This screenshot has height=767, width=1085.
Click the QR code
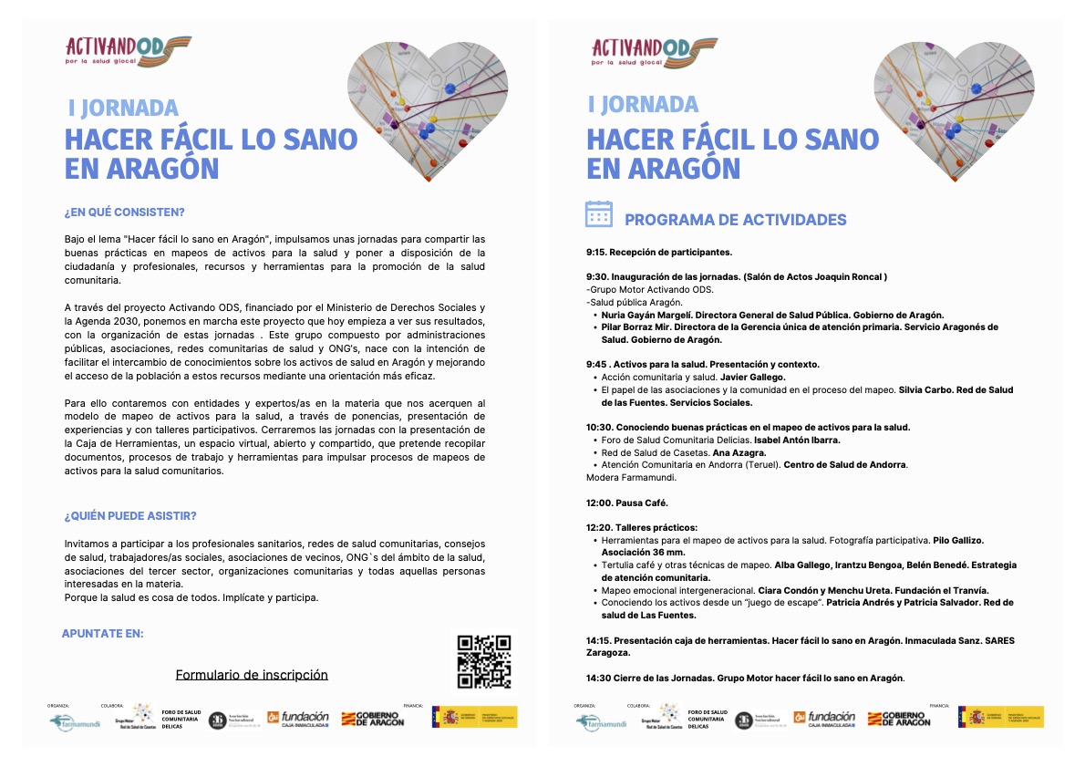[483, 661]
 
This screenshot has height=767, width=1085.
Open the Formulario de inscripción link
[252, 675]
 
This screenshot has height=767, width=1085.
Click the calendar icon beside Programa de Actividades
[598, 213]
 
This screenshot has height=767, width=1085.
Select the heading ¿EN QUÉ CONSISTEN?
[124, 212]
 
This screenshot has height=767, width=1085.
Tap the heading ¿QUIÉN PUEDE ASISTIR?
[130, 516]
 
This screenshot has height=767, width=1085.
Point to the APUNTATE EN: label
[102, 633]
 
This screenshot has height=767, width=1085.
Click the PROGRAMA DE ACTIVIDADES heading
[735, 220]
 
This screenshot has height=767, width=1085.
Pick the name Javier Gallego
[752, 377]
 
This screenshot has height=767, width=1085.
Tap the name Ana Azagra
[739, 452]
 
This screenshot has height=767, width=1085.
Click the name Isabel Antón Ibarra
[793, 440]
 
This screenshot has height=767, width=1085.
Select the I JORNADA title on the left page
[123, 108]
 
